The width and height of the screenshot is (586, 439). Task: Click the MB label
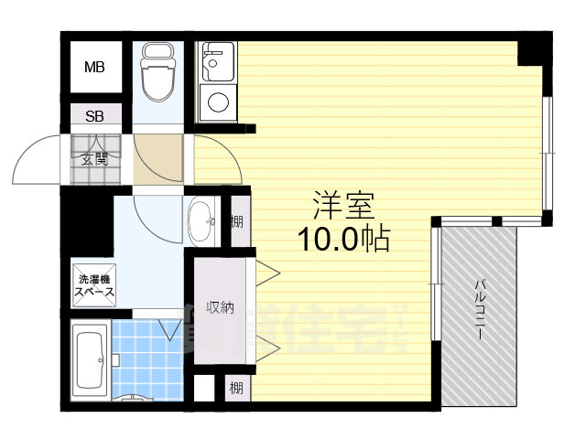pos(94,67)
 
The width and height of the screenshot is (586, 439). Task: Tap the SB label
pos(94,116)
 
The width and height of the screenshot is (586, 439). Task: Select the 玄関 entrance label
pos(94,159)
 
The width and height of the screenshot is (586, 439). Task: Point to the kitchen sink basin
pos(217,62)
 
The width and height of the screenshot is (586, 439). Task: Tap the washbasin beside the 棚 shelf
pos(201,219)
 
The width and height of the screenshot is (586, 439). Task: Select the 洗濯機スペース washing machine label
pos(94,286)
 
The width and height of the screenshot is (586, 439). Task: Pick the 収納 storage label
pos(219,307)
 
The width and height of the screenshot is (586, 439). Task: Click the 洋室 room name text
pos(343,204)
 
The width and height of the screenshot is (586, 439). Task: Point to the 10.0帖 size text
pos(343,240)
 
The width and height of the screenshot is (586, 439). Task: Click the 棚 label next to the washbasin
pos(237,220)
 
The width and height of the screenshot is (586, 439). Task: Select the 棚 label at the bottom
pos(237,388)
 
